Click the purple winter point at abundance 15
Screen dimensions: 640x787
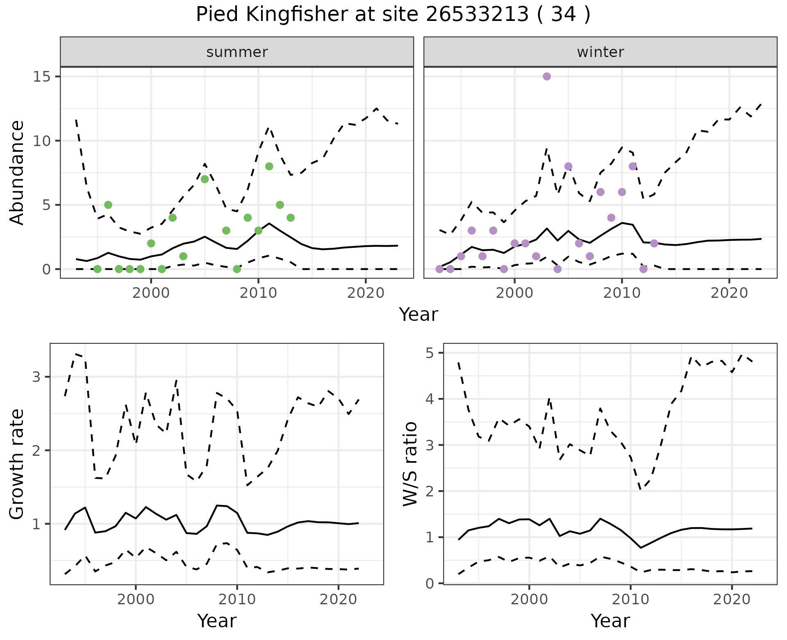click(x=546, y=77)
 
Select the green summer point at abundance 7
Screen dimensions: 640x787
click(x=205, y=179)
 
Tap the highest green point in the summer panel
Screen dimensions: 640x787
click(x=269, y=166)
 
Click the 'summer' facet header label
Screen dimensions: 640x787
click(x=237, y=52)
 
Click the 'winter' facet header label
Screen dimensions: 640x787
click(x=600, y=52)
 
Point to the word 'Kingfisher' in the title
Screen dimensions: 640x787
click(x=292, y=15)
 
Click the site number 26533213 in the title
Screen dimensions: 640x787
click(x=478, y=15)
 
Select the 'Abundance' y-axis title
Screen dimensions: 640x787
click(x=17, y=173)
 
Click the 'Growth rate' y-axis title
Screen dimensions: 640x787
click(x=17, y=464)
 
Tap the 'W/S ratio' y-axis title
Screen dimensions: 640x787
click(x=410, y=464)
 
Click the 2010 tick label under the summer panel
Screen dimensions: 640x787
click(x=258, y=293)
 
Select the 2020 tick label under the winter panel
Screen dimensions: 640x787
click(x=729, y=293)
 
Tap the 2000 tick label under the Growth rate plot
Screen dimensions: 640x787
click(x=136, y=599)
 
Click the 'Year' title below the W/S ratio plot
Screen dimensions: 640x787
click(x=610, y=621)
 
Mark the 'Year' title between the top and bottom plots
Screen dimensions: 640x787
click(x=419, y=315)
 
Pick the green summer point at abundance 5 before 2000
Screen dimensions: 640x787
click(x=108, y=205)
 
